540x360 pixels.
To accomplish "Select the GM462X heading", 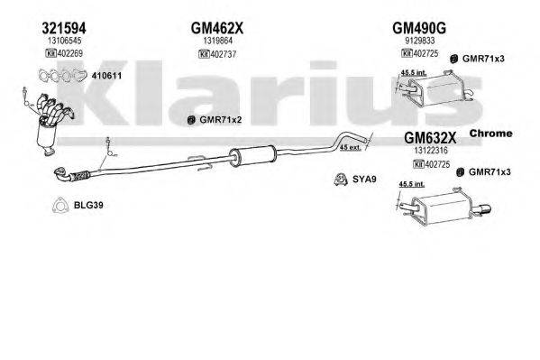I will (217, 27).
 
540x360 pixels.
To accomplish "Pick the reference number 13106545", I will (64, 41).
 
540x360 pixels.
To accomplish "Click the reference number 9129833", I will (420, 41).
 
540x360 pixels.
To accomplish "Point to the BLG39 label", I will (87, 205).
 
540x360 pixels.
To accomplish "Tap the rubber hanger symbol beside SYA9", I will (343, 178).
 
